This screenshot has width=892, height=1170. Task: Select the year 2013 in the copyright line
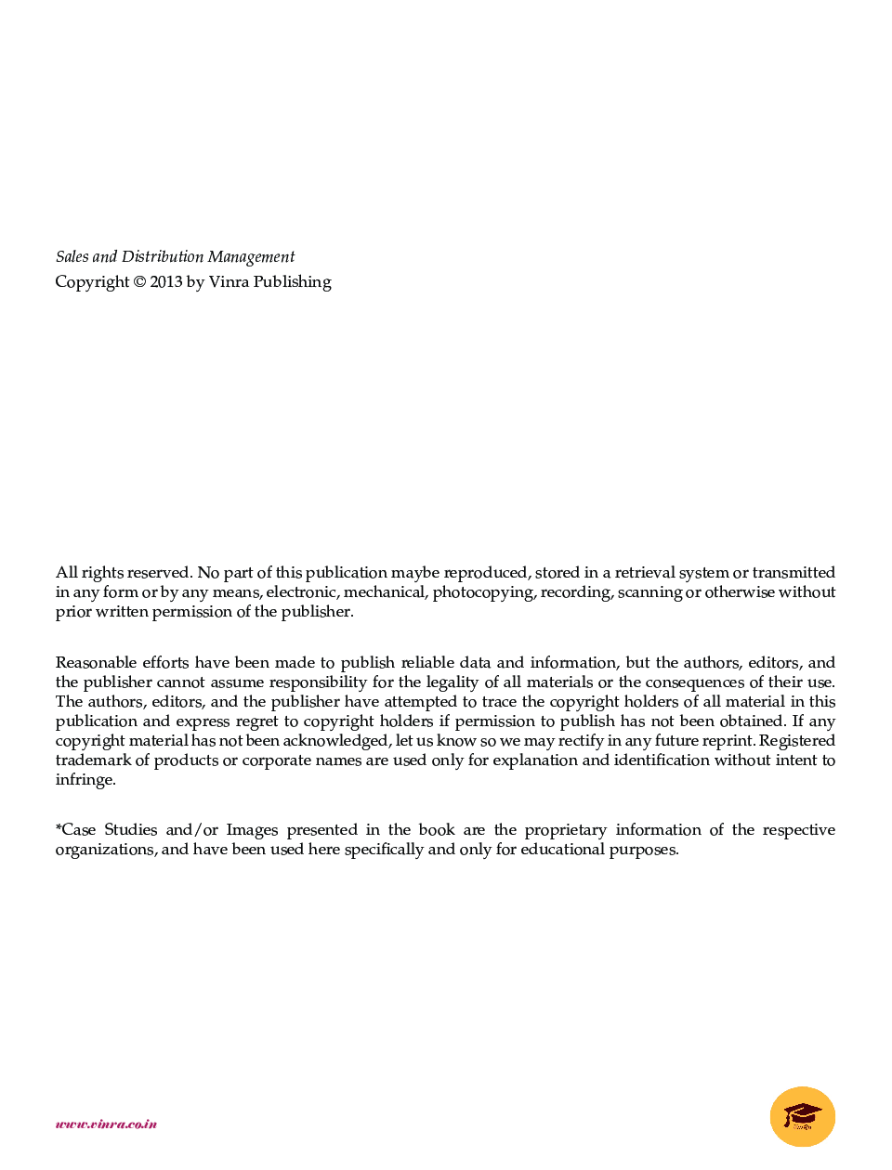click(166, 281)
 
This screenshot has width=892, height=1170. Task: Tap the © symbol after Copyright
click(139, 281)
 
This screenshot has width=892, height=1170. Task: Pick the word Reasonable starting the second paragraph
click(96, 662)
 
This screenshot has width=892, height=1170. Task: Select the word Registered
click(797, 740)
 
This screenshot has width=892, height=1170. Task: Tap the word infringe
click(85, 780)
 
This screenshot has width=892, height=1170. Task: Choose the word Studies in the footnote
click(130, 829)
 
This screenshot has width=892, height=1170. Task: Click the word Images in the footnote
click(252, 829)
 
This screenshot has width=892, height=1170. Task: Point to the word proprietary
click(565, 829)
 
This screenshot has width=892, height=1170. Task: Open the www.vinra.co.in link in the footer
click(106, 1124)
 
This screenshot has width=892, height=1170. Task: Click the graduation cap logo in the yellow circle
click(803, 1116)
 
